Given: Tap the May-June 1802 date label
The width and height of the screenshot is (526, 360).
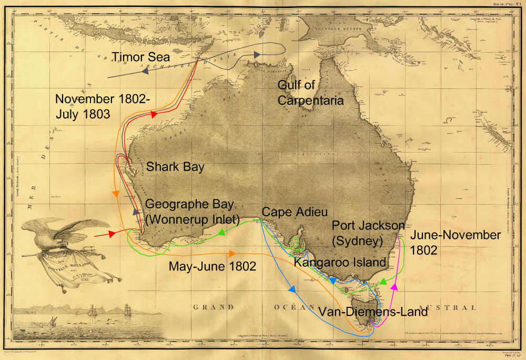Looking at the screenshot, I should [213, 266].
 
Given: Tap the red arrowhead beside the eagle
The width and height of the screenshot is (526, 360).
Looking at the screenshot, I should [113, 234].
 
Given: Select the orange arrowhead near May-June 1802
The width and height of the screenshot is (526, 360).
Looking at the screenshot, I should [232, 253].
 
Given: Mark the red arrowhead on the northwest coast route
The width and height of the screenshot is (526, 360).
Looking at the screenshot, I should [154, 114].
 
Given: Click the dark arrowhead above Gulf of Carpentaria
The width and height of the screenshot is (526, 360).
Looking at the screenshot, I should [257, 55].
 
